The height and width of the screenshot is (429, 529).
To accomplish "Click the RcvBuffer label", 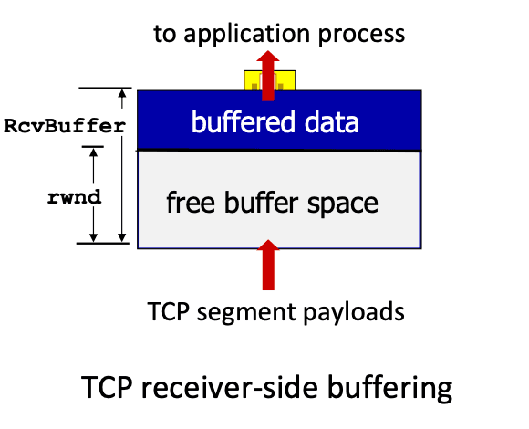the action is tap(65, 126).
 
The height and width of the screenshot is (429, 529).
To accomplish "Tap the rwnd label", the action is tap(74, 197).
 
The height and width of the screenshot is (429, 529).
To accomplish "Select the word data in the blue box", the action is tap(332, 121).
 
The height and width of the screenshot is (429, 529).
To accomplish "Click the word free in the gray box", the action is tap(191, 202).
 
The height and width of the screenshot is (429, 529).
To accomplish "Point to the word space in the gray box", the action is tap(343, 204).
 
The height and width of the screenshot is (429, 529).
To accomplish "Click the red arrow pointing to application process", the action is tap(268, 76).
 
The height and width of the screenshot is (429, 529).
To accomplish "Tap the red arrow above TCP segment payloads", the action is tap(268, 265).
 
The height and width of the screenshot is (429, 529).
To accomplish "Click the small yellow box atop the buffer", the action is tap(270, 80).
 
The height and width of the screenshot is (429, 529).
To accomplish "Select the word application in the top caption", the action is tap(246, 35).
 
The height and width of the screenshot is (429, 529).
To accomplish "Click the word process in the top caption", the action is tap(362, 36).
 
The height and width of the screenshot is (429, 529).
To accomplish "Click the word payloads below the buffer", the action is tap(354, 312).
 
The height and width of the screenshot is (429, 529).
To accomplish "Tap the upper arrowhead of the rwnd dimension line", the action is tap(93, 152).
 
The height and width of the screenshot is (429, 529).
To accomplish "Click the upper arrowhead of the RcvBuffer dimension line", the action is tap(122, 93).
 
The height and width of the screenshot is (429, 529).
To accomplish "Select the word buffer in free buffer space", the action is tap(261, 202).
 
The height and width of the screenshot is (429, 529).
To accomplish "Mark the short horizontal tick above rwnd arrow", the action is tap(93, 147).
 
